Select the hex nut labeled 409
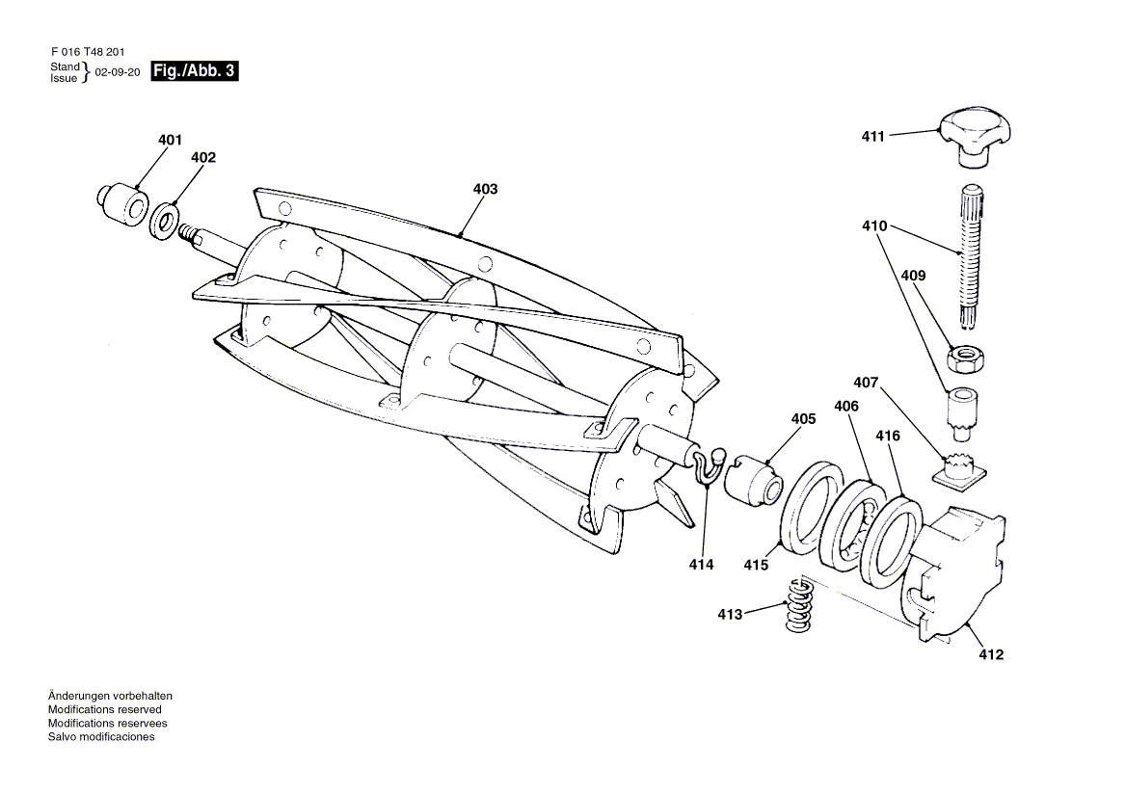click(x=964, y=358)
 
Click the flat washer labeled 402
click(x=164, y=221)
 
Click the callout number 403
click(x=486, y=189)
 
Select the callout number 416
click(x=888, y=436)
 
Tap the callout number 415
click(x=756, y=566)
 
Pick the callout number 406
click(x=845, y=406)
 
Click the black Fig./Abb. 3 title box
click(x=194, y=71)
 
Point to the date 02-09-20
click(x=117, y=72)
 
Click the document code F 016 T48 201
click(x=88, y=52)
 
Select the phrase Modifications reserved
click(x=105, y=709)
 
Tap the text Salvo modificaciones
click(x=101, y=737)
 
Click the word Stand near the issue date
click(x=65, y=66)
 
